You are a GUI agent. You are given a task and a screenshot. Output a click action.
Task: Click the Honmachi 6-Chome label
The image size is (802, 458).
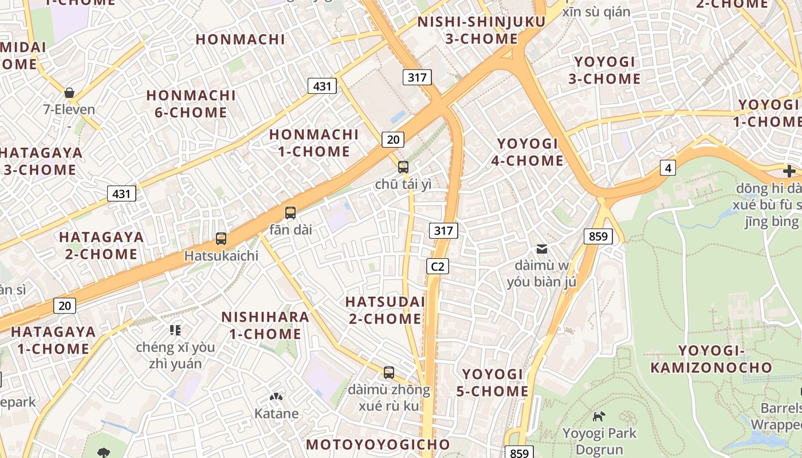[x=191, y=104]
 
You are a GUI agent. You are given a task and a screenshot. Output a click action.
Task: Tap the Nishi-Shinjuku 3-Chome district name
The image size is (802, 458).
[x=481, y=30]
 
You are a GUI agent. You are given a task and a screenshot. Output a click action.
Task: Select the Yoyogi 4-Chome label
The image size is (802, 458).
[x=528, y=152]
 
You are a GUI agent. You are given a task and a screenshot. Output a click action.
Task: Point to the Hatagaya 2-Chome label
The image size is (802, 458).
[x=101, y=245]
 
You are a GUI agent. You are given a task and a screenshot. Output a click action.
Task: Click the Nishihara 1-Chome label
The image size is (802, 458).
[x=265, y=325]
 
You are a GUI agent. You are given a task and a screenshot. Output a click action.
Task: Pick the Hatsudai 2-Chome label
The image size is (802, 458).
[x=385, y=310]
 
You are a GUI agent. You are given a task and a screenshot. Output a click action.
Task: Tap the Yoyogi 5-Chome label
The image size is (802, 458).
[x=492, y=382]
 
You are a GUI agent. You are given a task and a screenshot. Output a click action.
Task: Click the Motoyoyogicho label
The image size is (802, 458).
[x=378, y=444]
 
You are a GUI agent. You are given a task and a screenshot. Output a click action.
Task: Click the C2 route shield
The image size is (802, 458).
[x=437, y=266]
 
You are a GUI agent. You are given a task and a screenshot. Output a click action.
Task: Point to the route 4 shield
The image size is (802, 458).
[x=667, y=168]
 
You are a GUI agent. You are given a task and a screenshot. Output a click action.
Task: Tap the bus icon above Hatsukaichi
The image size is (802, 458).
[x=221, y=239]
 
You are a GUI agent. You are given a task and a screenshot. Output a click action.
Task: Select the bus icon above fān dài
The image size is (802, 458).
[x=290, y=213]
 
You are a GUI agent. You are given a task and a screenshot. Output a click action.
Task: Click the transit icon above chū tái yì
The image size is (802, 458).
[x=403, y=167]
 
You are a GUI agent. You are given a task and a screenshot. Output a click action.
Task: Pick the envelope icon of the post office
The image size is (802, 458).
[x=541, y=248]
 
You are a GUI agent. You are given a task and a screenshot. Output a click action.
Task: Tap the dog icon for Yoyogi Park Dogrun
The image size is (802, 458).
[x=599, y=416]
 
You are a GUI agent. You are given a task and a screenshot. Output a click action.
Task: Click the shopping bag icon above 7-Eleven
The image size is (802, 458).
[x=69, y=93]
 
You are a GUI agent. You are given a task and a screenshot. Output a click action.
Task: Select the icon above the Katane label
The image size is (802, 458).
[x=276, y=397]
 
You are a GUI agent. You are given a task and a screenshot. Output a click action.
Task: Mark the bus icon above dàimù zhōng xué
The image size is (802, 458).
[x=389, y=373]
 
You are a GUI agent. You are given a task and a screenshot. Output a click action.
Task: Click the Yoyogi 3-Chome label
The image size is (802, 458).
[x=604, y=70]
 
